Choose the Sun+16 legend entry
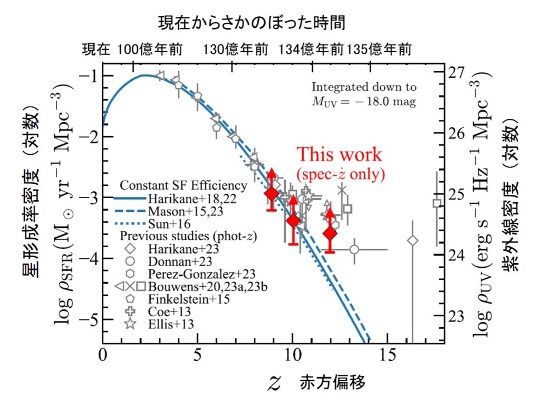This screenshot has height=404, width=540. [168, 223]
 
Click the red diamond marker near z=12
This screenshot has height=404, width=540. [330, 233]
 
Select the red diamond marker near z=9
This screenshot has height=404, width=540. [272, 194]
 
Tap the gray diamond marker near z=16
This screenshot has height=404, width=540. [413, 241]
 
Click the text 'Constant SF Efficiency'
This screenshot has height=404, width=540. [184, 186]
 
